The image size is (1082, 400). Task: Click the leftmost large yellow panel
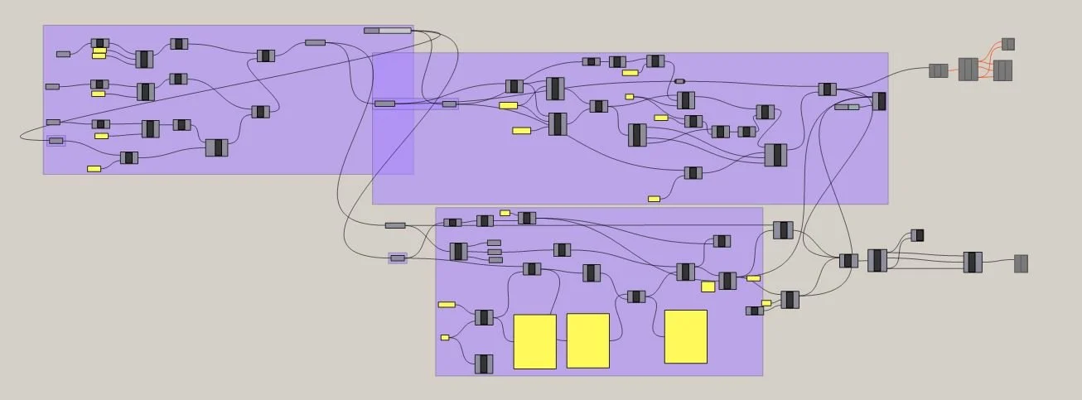[x=534, y=341]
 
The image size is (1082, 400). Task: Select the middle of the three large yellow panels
[x=588, y=340]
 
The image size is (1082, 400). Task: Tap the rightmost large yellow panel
[x=686, y=336]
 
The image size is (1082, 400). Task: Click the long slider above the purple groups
[x=388, y=31]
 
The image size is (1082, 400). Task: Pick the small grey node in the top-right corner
[x=1008, y=44]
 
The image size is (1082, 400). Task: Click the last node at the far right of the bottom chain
[x=1022, y=263]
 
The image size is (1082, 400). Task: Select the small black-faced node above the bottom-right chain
[x=917, y=235]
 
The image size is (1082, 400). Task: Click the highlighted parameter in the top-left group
[x=56, y=141]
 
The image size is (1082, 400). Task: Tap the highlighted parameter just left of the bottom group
[x=398, y=258]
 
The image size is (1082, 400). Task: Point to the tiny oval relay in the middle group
[x=680, y=81]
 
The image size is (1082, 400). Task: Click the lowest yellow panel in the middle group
[x=655, y=199]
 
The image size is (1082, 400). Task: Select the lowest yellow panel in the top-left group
[x=94, y=169]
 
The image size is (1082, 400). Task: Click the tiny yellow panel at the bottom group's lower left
[x=445, y=337]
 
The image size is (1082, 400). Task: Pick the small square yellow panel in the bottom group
[x=708, y=287]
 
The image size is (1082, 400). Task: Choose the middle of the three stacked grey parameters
[x=495, y=251]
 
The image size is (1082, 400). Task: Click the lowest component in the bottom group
[x=484, y=364]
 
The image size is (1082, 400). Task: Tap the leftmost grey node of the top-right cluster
[x=938, y=70]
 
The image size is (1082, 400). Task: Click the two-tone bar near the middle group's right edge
[x=847, y=107]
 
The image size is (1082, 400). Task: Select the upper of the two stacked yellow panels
[x=99, y=51]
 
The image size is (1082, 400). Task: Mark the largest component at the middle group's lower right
[x=775, y=155]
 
